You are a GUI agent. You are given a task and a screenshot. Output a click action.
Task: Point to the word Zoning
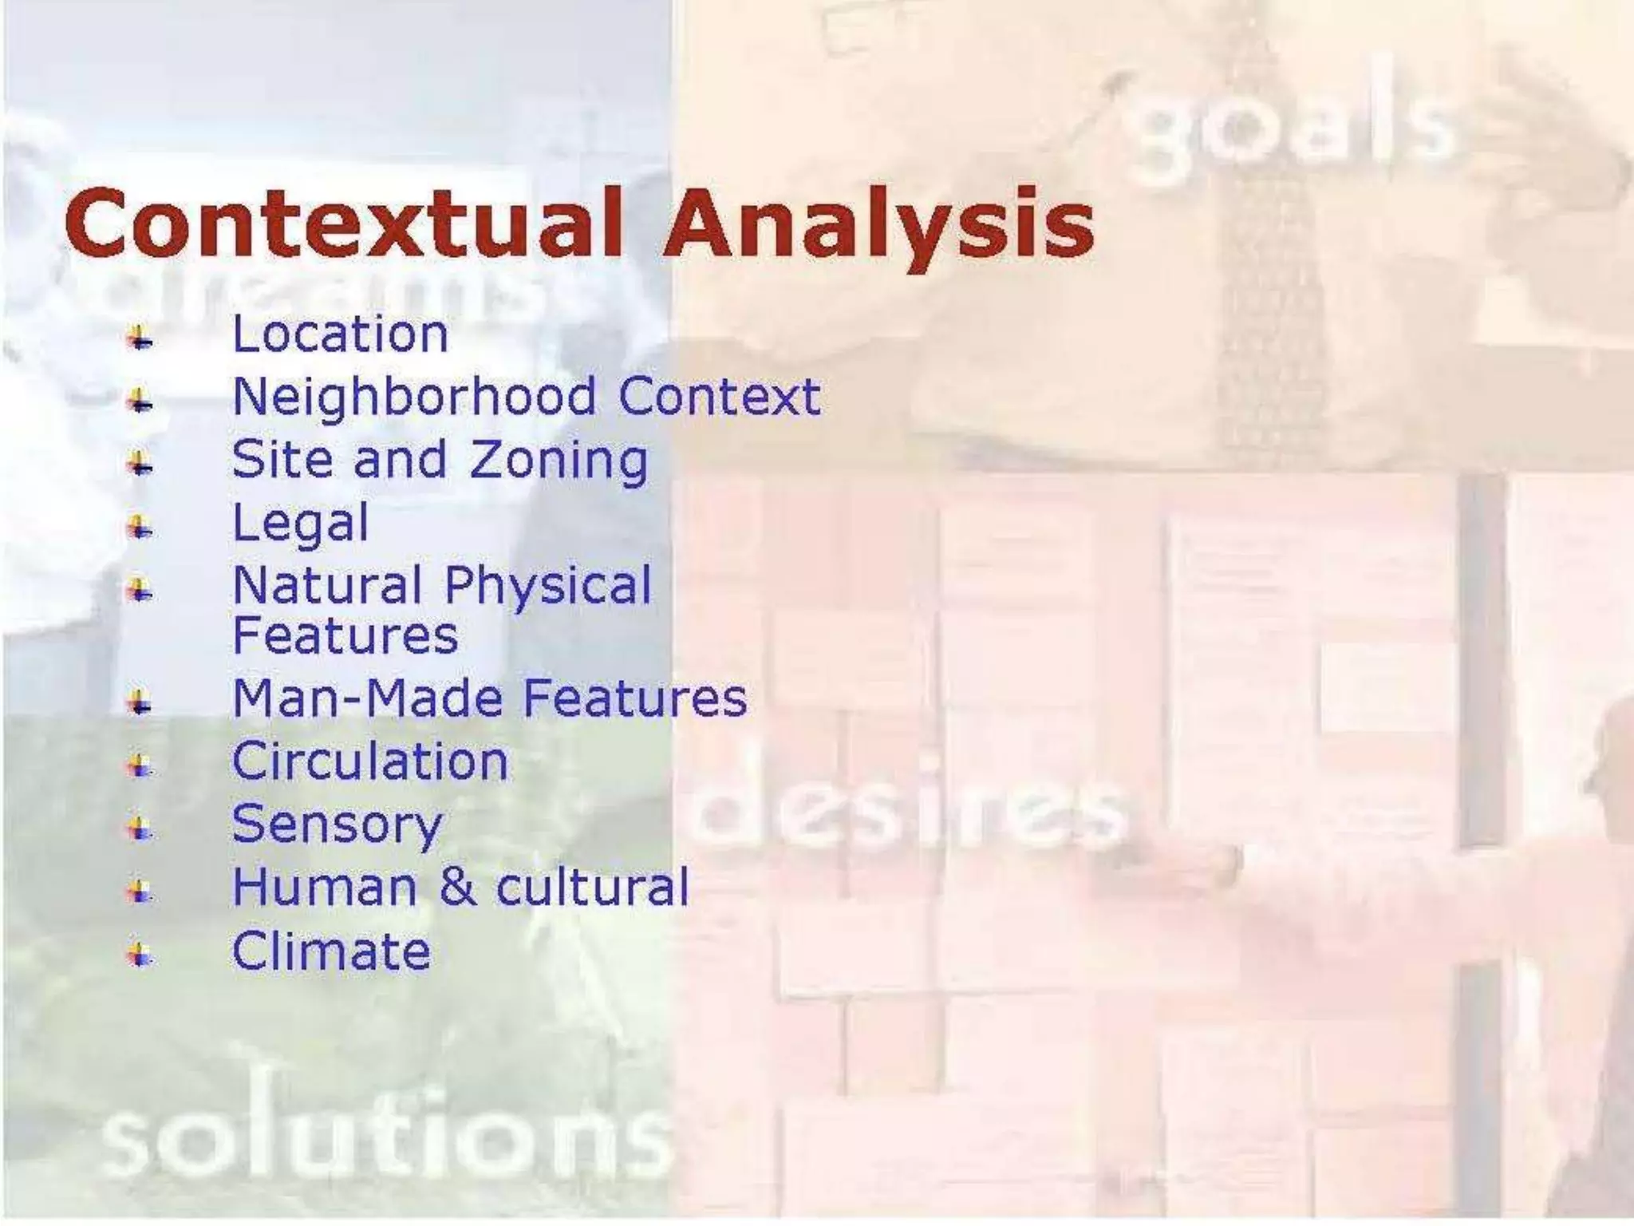click(558, 461)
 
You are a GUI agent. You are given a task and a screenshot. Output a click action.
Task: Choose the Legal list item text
click(300, 524)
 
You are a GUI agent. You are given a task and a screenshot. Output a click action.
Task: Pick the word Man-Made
click(368, 698)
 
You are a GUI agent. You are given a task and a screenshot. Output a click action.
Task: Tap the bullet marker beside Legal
click(140, 526)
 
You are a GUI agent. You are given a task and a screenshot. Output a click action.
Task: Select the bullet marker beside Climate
click(140, 953)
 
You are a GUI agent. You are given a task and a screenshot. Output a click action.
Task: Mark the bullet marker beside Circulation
click(140, 765)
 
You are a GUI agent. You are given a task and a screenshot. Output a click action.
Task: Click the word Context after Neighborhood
click(719, 397)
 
